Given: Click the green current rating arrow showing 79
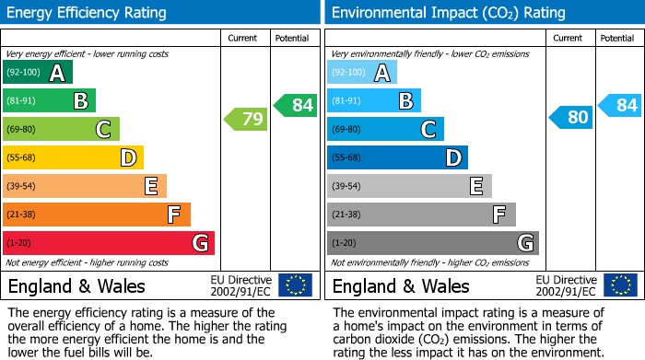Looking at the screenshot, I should tap(245, 119).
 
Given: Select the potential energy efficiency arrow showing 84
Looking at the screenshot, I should tap(295, 105).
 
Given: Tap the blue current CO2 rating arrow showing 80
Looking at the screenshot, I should tap(570, 117).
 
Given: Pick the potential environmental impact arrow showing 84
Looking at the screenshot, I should tap(619, 105).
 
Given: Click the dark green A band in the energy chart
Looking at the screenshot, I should tap(38, 73).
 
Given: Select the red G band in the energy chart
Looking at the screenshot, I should tap(109, 243).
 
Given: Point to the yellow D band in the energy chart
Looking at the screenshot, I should tap(74, 157).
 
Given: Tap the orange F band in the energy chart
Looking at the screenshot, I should tap(97, 215).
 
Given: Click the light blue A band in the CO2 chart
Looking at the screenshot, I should tap(362, 73).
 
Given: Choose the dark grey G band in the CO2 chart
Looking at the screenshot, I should tap(433, 243).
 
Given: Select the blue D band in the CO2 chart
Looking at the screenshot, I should tap(397, 157).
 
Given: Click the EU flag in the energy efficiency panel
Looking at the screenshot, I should tap(295, 285).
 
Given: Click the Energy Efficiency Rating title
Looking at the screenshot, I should tap(88, 13).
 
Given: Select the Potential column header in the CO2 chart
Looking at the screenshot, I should tap(617, 38).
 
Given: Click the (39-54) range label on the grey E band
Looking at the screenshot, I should tap(346, 187).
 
